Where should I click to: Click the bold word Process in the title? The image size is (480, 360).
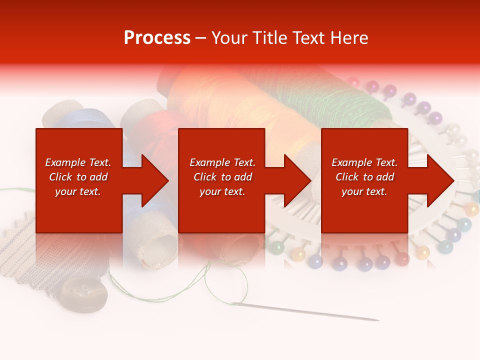tap(157, 38)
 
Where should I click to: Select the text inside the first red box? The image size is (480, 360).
tap(78, 177)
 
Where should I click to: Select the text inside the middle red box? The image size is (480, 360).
tap(222, 177)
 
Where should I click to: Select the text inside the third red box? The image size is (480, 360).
tap(364, 177)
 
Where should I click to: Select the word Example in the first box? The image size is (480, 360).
tap(65, 162)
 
